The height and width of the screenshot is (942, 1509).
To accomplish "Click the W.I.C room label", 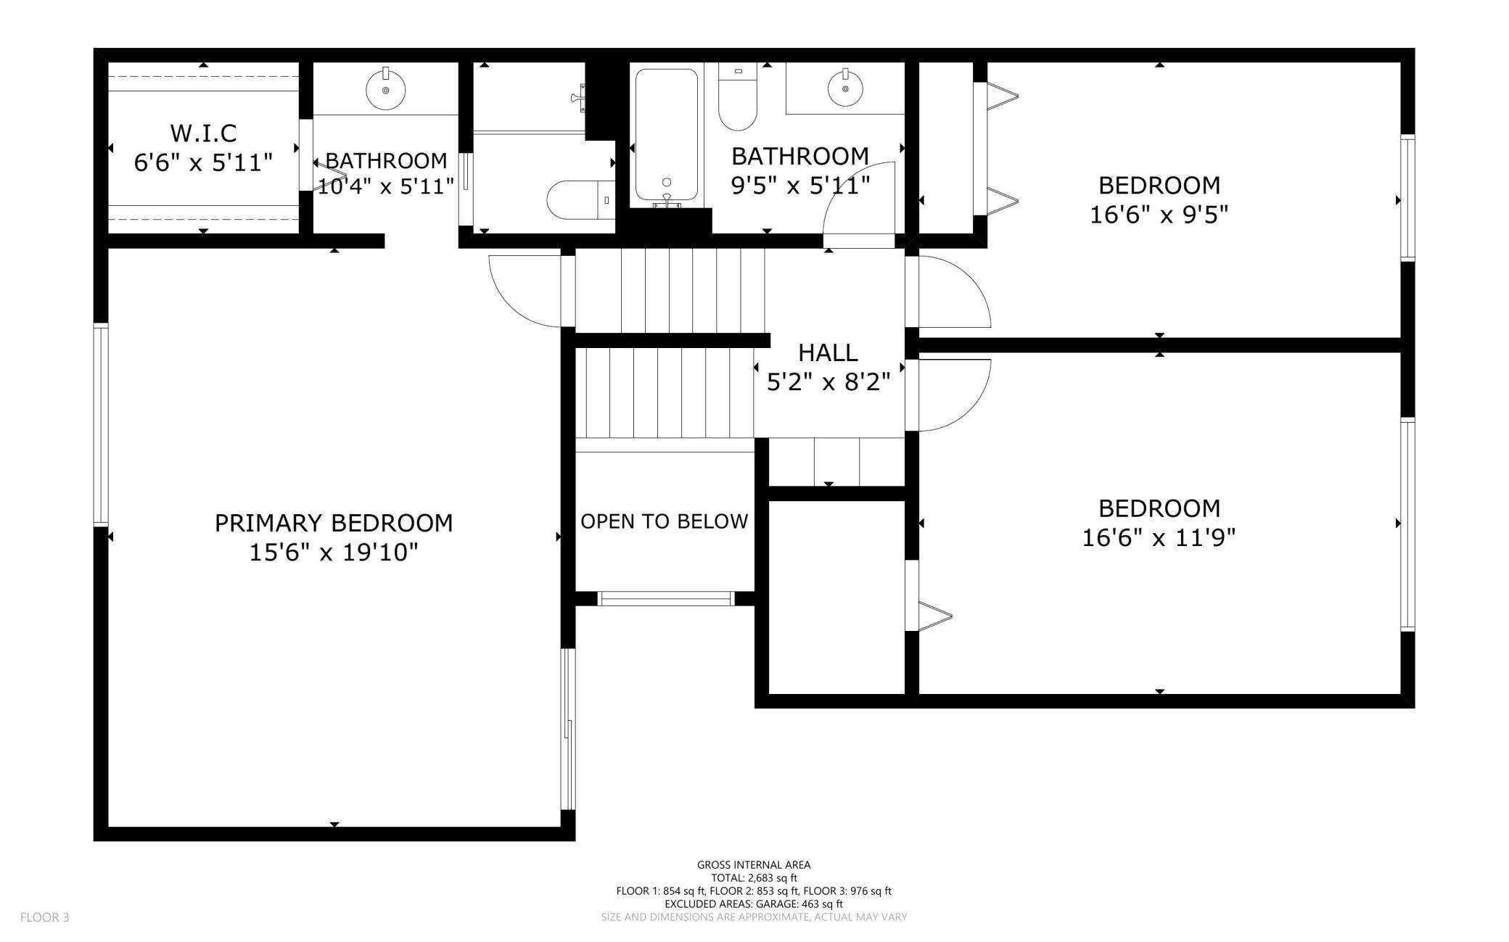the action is pyautogui.click(x=203, y=133).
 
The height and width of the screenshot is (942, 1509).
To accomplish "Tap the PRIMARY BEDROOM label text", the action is pyautogui.click(x=334, y=523).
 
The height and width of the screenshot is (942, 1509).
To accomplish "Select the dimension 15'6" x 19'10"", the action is pyautogui.click(x=334, y=553).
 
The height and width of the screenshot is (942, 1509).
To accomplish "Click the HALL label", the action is pyautogui.click(x=828, y=352).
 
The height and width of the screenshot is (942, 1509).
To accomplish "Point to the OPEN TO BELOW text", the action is pyautogui.click(x=665, y=521).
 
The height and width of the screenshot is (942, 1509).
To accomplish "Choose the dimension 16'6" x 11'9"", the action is pyautogui.click(x=1159, y=538).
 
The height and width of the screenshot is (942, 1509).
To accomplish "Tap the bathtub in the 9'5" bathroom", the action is pyautogui.click(x=667, y=135).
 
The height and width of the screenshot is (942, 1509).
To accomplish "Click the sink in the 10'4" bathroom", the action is pyautogui.click(x=385, y=89).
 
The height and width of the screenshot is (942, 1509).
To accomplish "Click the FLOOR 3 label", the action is pyautogui.click(x=45, y=917).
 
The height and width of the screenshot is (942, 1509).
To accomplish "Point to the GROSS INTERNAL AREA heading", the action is pyautogui.click(x=754, y=864).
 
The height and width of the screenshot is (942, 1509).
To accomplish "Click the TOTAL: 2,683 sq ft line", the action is pyautogui.click(x=754, y=877).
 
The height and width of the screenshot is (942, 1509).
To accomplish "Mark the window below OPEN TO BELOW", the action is pyautogui.click(x=665, y=598).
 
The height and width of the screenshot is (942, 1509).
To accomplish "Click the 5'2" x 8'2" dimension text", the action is pyautogui.click(x=828, y=381).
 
